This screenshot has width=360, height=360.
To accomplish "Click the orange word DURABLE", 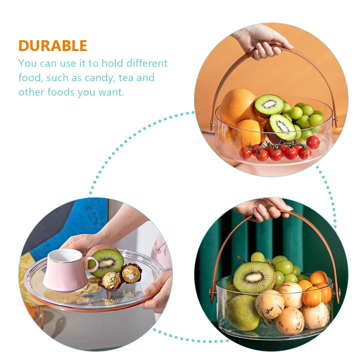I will (x=53, y=46).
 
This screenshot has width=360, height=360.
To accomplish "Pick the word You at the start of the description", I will (x=28, y=64).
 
